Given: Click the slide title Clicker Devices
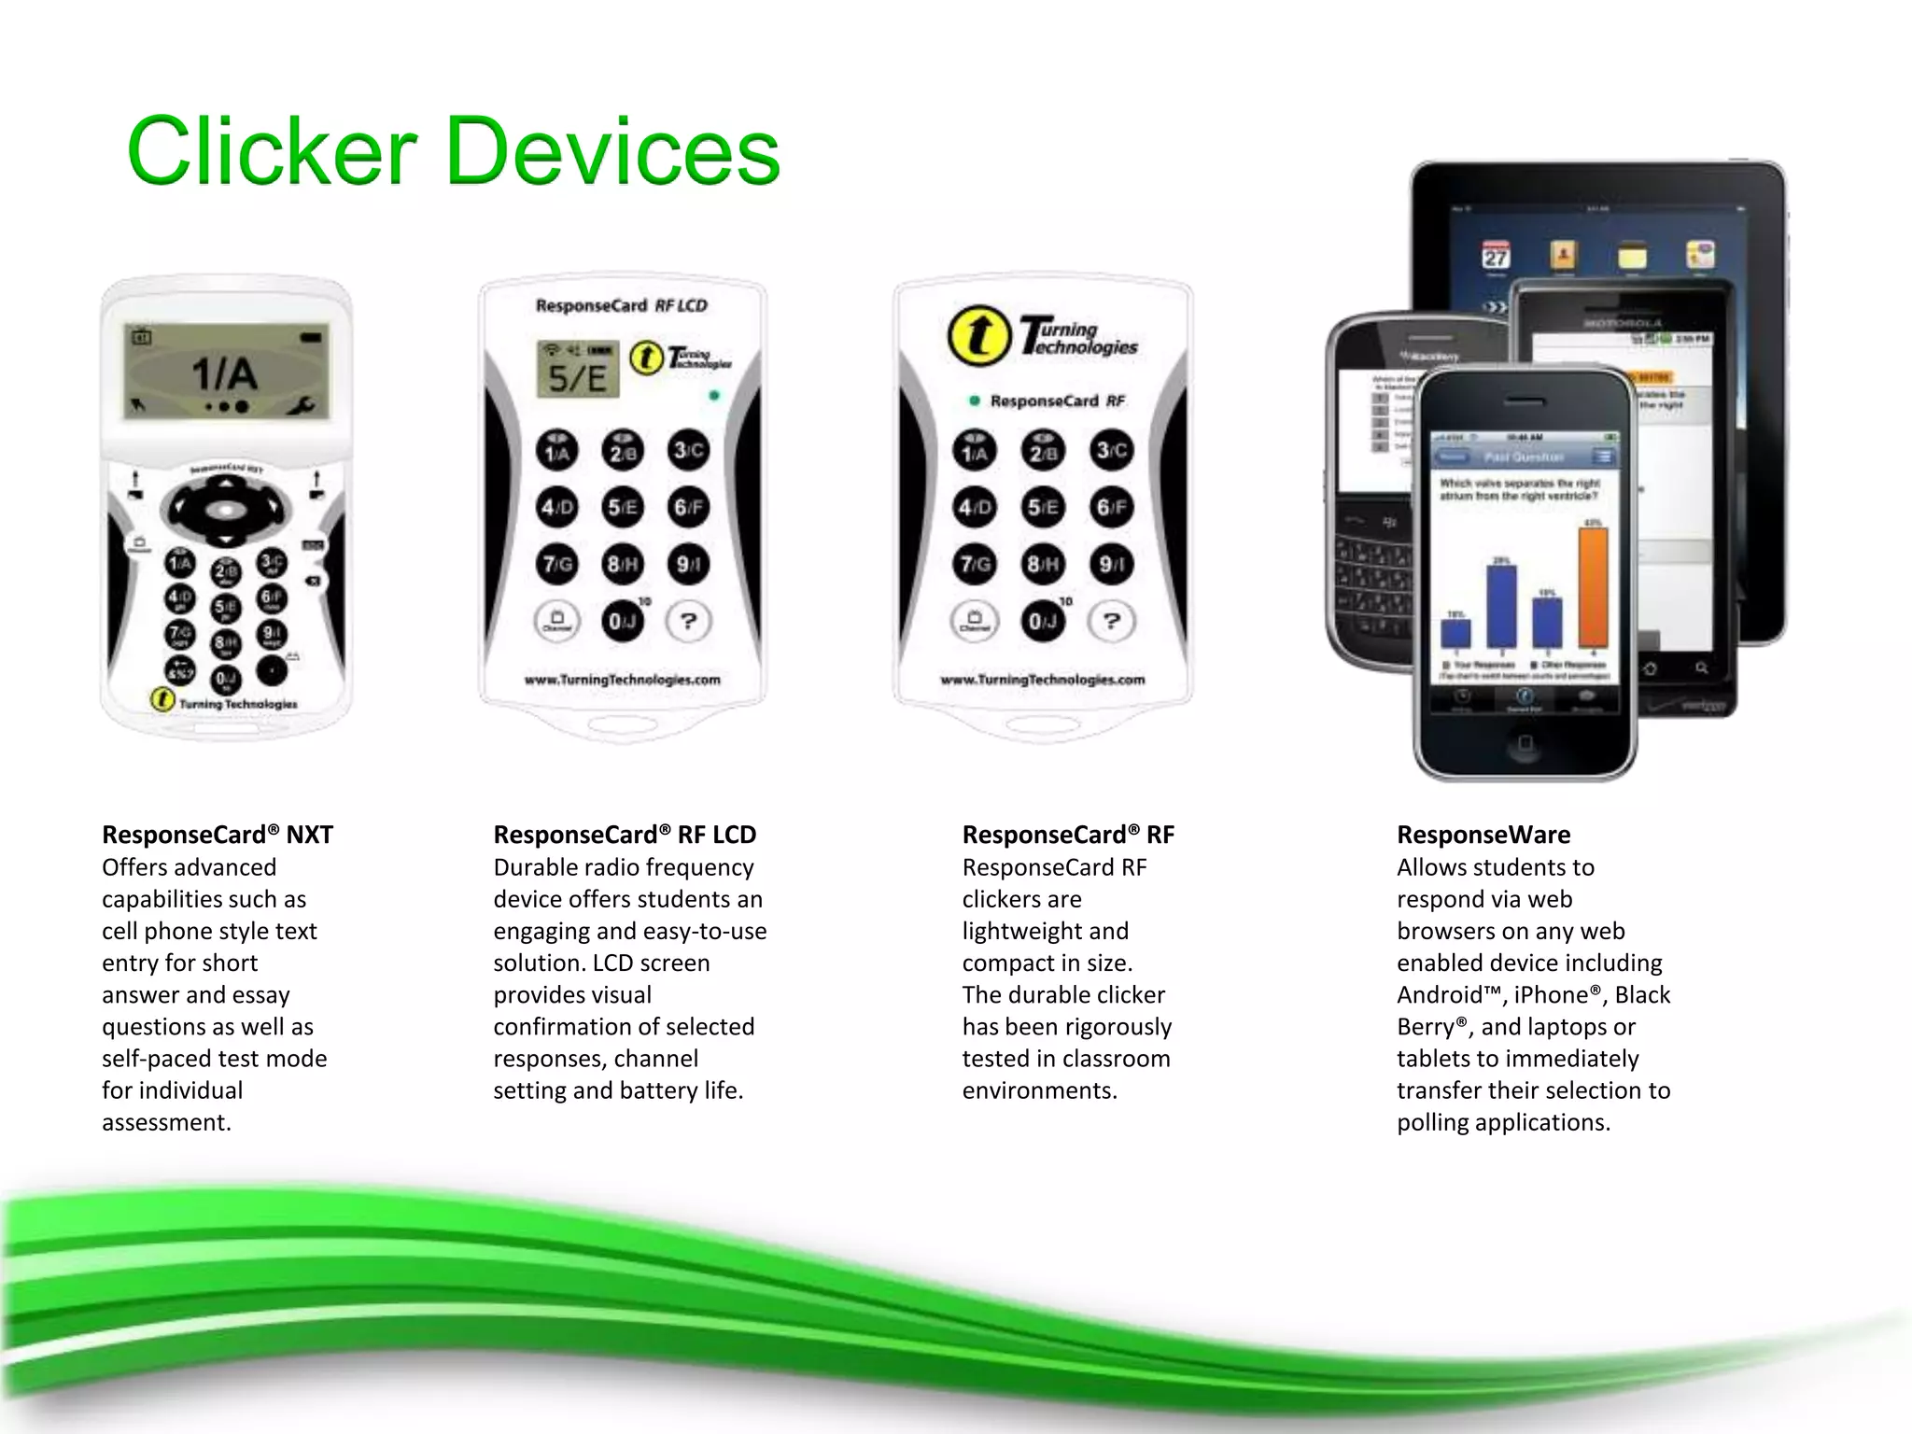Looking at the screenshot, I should pyautogui.click(x=454, y=151).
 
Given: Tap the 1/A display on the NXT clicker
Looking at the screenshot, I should pyautogui.click(x=226, y=373).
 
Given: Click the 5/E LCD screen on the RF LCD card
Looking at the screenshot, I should pyautogui.click(x=577, y=371).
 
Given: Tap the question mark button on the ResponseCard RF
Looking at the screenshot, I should pyautogui.click(x=1111, y=621).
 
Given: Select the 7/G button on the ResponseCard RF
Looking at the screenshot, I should pyautogui.click(x=975, y=565).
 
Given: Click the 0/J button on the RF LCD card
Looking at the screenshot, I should pyautogui.click(x=622, y=622).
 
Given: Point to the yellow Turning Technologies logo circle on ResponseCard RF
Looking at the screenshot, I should pyautogui.click(x=978, y=336).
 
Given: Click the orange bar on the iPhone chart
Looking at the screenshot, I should pyautogui.click(x=1593, y=586).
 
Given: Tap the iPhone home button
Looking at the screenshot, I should pyautogui.click(x=1525, y=743).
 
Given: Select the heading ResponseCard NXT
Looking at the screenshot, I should pyautogui.click(x=218, y=835).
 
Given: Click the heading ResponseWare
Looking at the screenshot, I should pyautogui.click(x=1483, y=835).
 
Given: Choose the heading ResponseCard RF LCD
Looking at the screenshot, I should pyautogui.click(x=625, y=835).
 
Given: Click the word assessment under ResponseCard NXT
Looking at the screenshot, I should pyautogui.click(x=166, y=1122).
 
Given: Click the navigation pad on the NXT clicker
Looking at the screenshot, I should pyautogui.click(x=225, y=510).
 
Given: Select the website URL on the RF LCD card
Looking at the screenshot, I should pyautogui.click(x=622, y=680).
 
